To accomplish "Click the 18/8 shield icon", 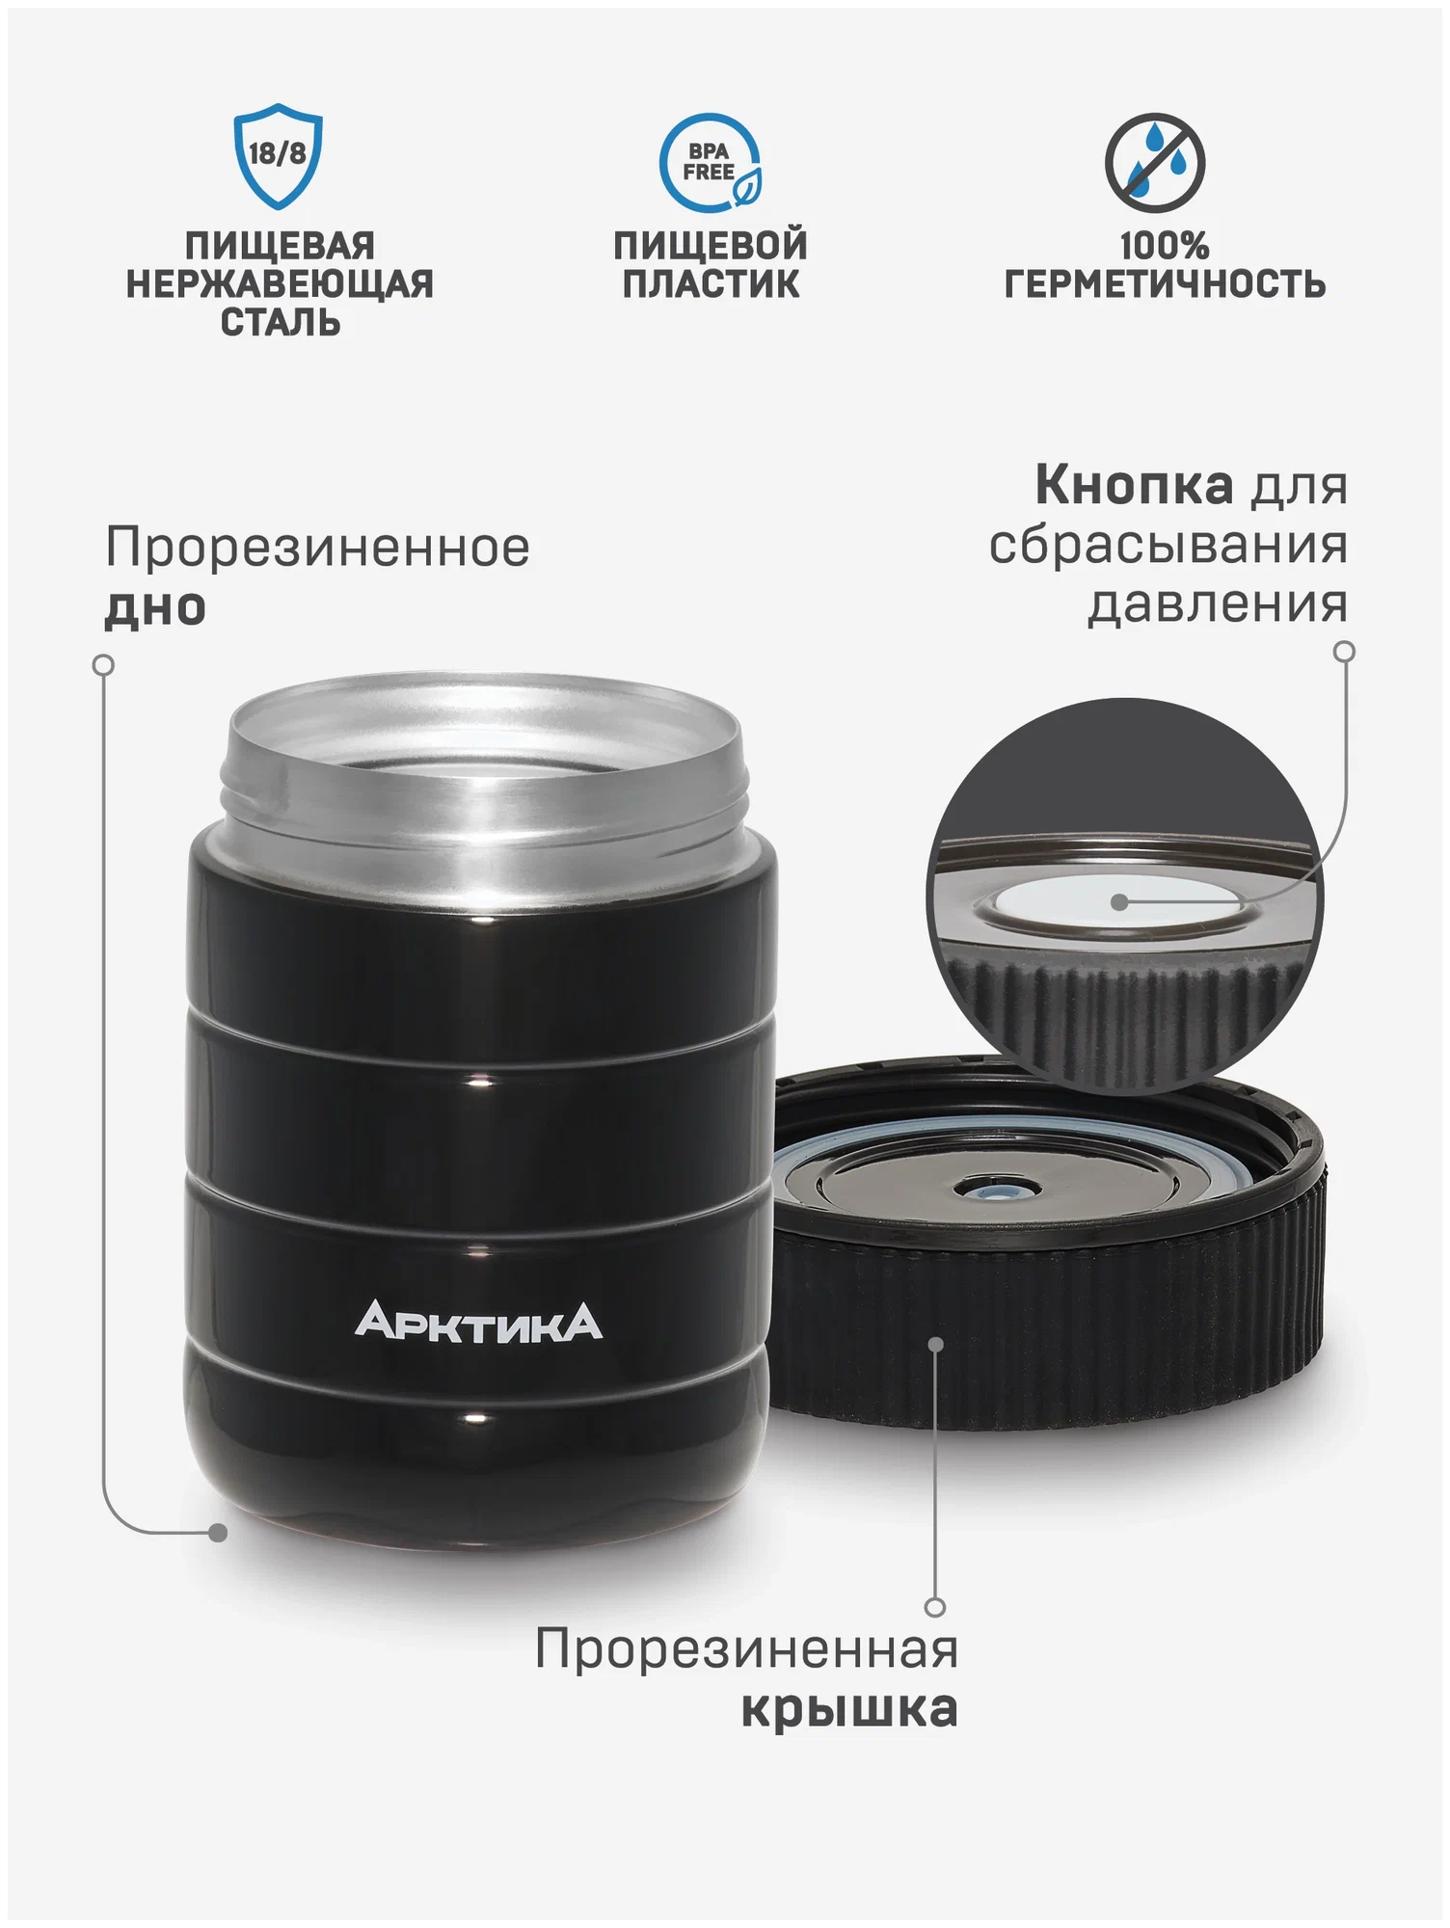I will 278,156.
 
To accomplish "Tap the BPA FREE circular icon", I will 711,162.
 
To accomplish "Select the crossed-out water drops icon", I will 1154,162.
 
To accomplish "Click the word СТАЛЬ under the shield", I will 280,322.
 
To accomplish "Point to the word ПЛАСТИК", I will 711,284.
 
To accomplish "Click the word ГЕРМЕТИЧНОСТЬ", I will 1165,284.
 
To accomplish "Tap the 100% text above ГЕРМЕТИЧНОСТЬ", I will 1164,246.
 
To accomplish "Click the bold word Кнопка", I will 1134,485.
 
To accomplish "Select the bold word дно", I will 155,607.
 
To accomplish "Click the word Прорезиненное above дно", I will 317,548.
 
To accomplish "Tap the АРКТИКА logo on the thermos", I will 478,1322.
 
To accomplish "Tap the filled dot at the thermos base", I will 219,1532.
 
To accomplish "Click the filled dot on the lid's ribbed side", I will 935,1344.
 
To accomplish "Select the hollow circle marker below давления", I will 1343,652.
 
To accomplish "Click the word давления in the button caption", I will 1217,604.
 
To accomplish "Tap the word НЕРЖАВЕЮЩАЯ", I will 280,284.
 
